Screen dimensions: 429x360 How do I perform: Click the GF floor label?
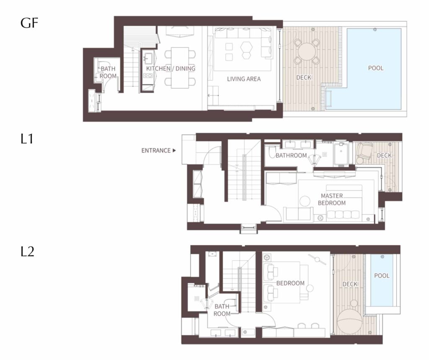click(x=29, y=23)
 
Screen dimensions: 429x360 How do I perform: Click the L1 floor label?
click(x=27, y=139)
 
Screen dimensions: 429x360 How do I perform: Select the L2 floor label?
click(x=27, y=251)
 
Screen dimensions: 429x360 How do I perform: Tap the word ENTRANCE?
click(x=156, y=150)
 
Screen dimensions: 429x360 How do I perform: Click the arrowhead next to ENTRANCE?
click(x=174, y=150)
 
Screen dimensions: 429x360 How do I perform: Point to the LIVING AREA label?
click(x=244, y=79)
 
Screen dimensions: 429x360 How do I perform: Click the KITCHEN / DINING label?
click(x=171, y=68)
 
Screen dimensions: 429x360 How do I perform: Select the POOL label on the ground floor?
click(x=376, y=68)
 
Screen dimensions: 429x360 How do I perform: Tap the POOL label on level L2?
click(x=382, y=276)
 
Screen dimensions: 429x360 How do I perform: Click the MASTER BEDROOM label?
click(x=332, y=199)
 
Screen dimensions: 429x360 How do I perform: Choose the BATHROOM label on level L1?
click(x=291, y=155)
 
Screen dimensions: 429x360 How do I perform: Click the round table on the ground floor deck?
click(x=307, y=52)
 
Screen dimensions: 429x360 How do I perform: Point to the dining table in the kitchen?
click(x=180, y=68)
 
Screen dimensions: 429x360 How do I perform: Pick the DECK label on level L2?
click(x=350, y=284)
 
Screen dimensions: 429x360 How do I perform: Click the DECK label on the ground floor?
click(x=304, y=78)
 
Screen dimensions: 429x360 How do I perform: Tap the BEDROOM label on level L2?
click(x=290, y=283)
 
